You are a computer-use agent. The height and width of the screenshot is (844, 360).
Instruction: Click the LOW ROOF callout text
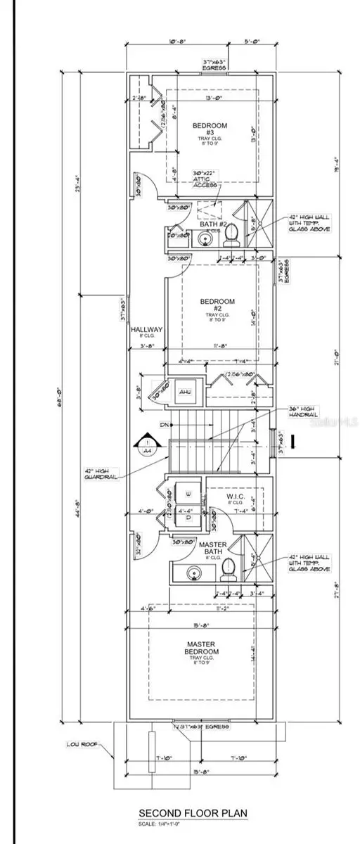tap(81, 743)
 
